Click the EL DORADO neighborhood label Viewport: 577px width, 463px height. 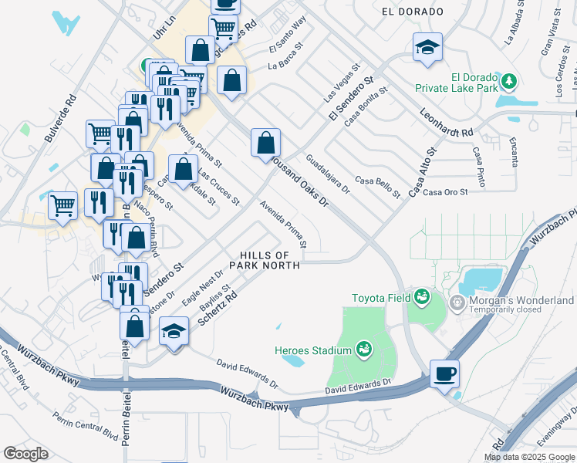click(x=413, y=12)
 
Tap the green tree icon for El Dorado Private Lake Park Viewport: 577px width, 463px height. click(x=508, y=80)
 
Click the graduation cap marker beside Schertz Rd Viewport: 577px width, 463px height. click(x=174, y=332)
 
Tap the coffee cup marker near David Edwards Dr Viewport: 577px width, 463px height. click(x=444, y=374)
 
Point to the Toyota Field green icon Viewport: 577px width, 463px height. click(x=421, y=296)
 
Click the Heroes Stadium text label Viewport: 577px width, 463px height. click(x=313, y=350)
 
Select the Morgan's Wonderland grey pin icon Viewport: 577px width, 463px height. click(x=457, y=300)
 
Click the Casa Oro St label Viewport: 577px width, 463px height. click(x=446, y=191)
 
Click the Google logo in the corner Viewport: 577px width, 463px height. click(x=25, y=454)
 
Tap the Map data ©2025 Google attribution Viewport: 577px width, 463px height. click(x=528, y=457)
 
